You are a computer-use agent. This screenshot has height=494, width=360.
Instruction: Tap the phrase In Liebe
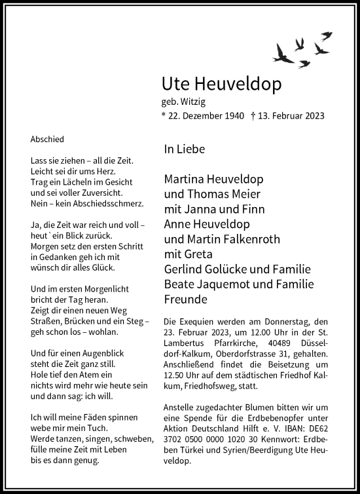pyautogui.click(x=185, y=149)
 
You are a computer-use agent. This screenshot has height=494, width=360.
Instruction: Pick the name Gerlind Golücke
pyautogui.click(x=209, y=270)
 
